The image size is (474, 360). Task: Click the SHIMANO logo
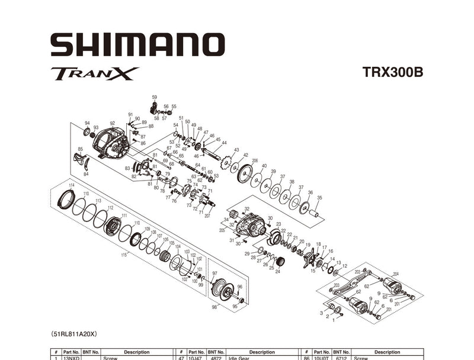click(137, 45)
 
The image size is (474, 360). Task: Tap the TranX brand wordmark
click(95, 74)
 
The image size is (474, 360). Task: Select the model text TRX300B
click(392, 73)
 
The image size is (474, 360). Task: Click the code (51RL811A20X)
click(78, 334)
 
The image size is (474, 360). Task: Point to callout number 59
click(154, 97)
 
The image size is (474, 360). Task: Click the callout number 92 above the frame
click(112, 123)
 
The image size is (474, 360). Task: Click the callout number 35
click(319, 197)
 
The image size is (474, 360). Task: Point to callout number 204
click(395, 274)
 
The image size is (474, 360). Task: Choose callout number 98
click(214, 307)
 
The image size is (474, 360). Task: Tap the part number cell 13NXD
click(72, 358)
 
